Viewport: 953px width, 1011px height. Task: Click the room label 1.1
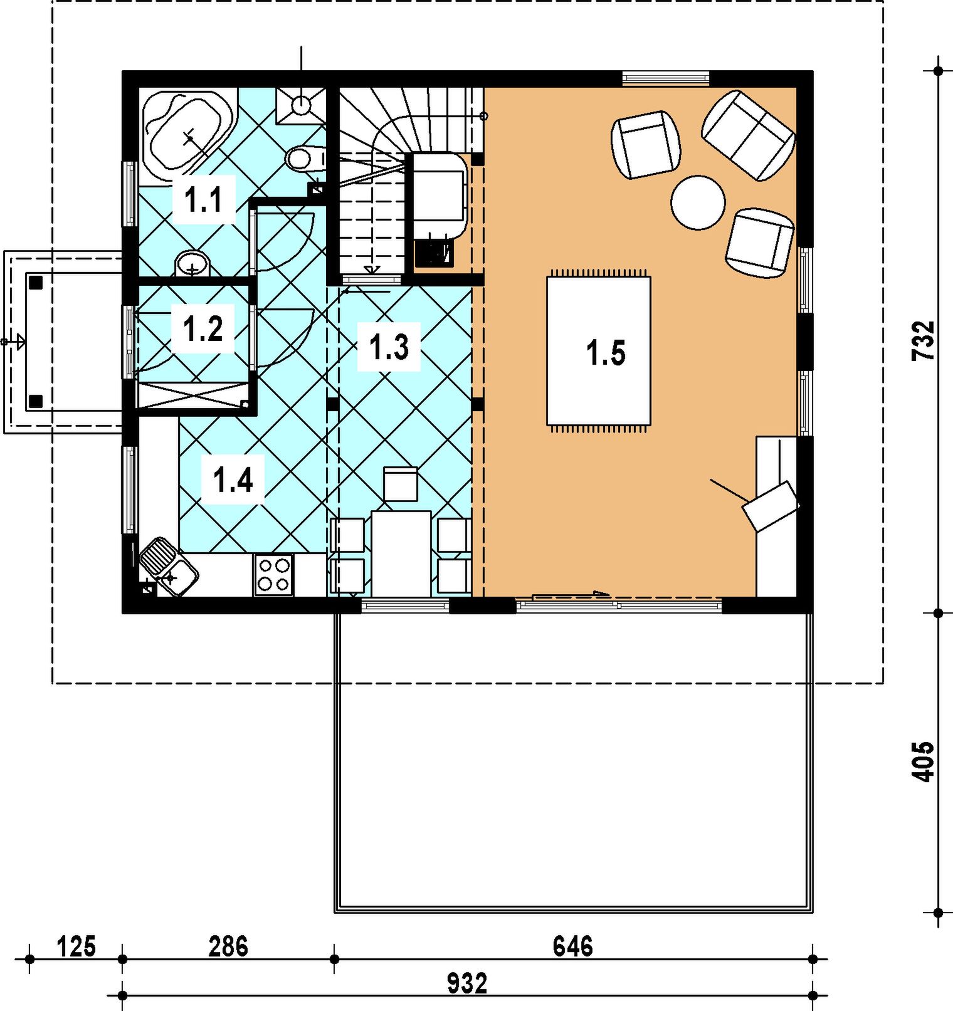tap(204, 201)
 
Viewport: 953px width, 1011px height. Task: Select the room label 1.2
tap(203, 328)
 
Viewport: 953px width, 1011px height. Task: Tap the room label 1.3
tap(389, 347)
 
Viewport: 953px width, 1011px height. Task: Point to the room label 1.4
tap(233, 480)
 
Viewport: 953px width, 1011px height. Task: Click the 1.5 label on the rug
tap(606, 352)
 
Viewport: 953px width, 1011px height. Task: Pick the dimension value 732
tap(923, 340)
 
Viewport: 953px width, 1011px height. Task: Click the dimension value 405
tap(923, 762)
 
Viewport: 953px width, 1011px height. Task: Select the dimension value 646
tap(573, 946)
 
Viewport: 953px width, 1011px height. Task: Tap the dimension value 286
tap(228, 946)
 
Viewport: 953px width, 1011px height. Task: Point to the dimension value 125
tap(76, 946)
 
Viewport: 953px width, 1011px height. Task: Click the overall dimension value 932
tap(467, 983)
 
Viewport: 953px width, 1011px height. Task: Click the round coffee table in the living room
tap(698, 202)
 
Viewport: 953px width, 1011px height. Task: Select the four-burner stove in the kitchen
tap(274, 575)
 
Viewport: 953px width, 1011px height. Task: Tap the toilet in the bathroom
tap(305, 158)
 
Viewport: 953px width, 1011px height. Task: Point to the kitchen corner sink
tap(169, 567)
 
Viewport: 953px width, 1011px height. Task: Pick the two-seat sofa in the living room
tap(749, 135)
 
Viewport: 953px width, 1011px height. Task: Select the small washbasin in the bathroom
tap(192, 263)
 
